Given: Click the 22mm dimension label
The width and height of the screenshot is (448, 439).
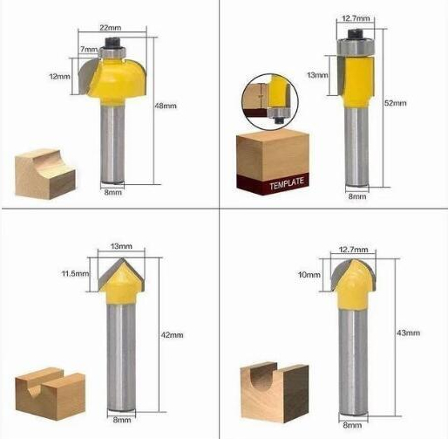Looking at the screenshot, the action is coord(111,28).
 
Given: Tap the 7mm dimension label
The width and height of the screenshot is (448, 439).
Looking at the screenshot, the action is coord(89,49).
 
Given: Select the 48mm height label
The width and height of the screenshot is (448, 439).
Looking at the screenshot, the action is coord(166,106).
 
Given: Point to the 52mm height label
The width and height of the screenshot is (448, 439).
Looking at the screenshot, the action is coord(396,103).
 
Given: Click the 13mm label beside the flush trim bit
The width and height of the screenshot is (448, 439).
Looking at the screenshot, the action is coord(317,75).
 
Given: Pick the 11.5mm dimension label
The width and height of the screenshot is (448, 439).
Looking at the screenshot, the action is coord(75,273).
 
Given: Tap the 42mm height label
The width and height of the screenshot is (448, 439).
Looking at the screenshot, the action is coord(173,335).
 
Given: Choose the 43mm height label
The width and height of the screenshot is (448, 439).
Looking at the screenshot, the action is coord(409,333).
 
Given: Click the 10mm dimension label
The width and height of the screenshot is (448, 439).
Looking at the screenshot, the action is coord(309,275).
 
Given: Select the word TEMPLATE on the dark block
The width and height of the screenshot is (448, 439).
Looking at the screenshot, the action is coord(287,184).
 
